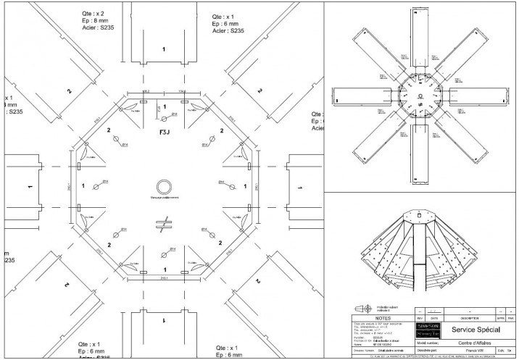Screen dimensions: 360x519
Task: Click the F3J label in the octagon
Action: [x=164, y=134]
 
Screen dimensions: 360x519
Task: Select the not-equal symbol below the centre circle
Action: [x=165, y=222]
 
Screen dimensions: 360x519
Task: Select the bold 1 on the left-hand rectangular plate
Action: [x=30, y=186]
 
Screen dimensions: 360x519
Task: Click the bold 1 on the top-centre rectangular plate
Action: [x=164, y=49]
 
